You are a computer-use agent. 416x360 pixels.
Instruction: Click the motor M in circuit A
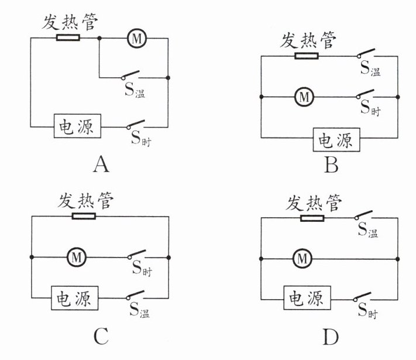click(x=136, y=39)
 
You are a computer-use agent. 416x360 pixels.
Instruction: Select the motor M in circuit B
click(x=303, y=96)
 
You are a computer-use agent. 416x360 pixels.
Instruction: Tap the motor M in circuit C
click(x=76, y=256)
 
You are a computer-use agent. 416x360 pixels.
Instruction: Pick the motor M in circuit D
click(x=302, y=257)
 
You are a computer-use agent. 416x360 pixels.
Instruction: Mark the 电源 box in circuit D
click(x=304, y=298)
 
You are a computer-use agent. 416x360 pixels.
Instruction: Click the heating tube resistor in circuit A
click(x=67, y=39)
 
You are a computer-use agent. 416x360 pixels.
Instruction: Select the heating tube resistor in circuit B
click(x=307, y=57)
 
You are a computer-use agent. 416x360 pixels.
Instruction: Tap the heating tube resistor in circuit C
click(x=84, y=216)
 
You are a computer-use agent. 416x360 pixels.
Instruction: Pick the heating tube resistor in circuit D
click(x=312, y=218)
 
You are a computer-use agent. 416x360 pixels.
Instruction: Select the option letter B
click(x=331, y=166)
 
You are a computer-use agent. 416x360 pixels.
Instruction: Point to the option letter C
click(x=101, y=337)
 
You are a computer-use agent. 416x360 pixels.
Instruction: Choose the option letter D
click(x=330, y=337)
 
